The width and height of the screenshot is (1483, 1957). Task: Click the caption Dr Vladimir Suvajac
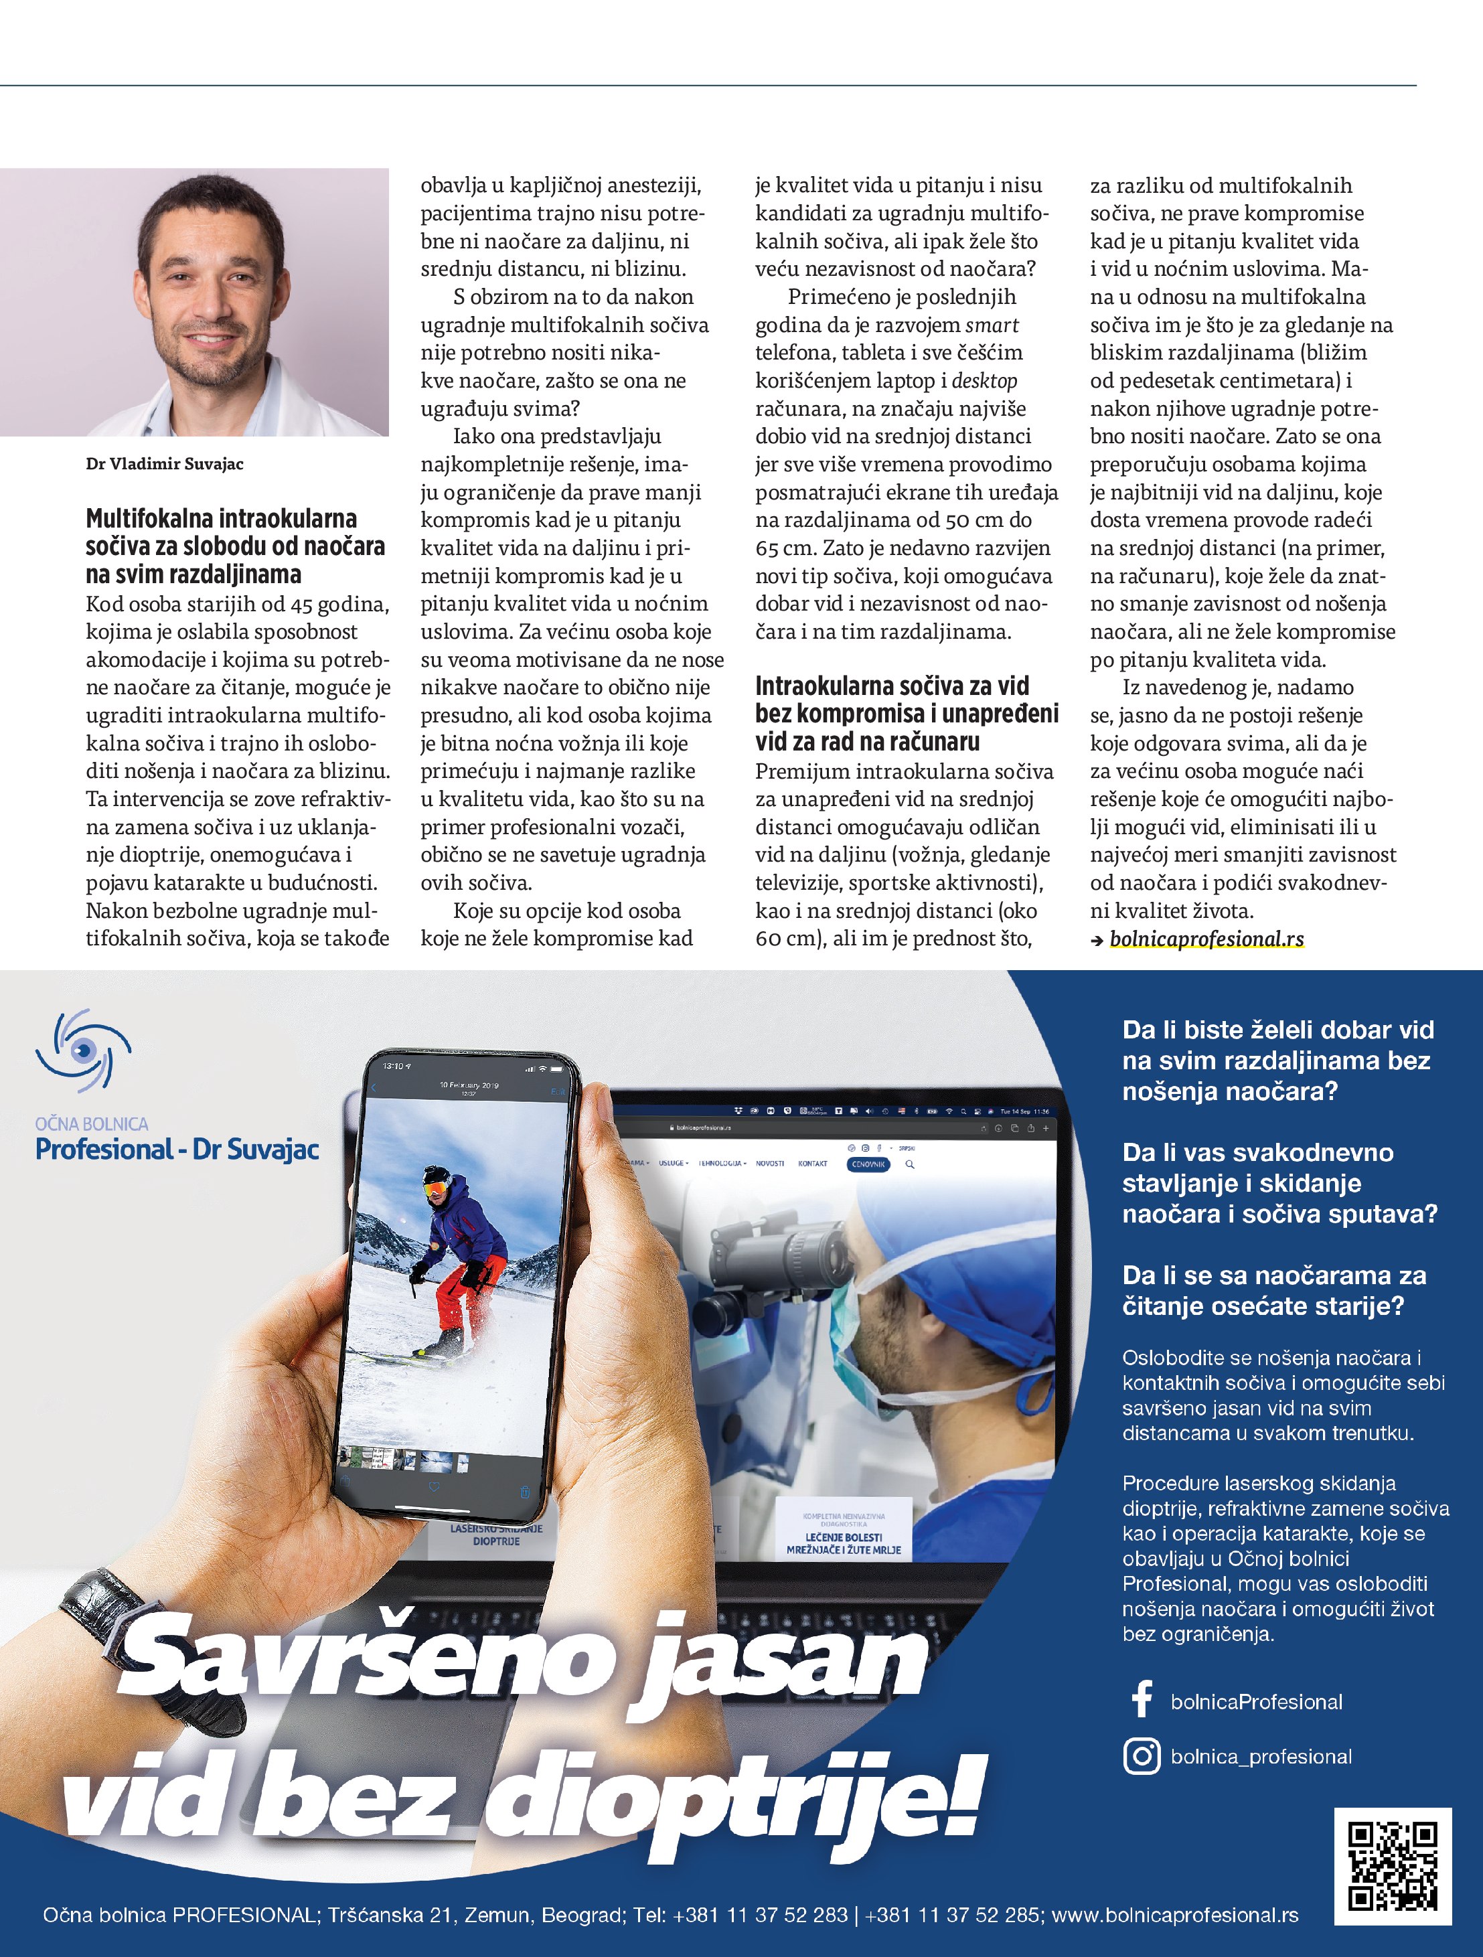pyautogui.click(x=165, y=463)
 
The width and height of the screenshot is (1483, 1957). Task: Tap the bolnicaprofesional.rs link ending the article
pyautogui.click(x=1206, y=939)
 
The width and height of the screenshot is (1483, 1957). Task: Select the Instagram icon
pyautogui.click(x=1142, y=1756)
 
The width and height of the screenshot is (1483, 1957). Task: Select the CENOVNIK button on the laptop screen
pyautogui.click(x=868, y=1164)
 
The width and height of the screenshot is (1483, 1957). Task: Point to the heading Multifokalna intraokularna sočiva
pyautogui.click(x=236, y=546)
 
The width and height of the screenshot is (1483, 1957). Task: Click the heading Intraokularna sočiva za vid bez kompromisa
pyautogui.click(x=906, y=713)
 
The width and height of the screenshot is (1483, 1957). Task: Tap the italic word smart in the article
pyautogui.click(x=992, y=325)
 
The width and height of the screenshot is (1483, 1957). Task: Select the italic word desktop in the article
pyautogui.click(x=984, y=380)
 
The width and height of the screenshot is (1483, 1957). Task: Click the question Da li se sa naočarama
pyautogui.click(x=1273, y=1290)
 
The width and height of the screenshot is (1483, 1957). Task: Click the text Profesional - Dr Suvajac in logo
pyautogui.click(x=177, y=1150)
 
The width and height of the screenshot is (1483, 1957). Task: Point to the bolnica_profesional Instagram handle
pyautogui.click(x=1261, y=1756)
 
